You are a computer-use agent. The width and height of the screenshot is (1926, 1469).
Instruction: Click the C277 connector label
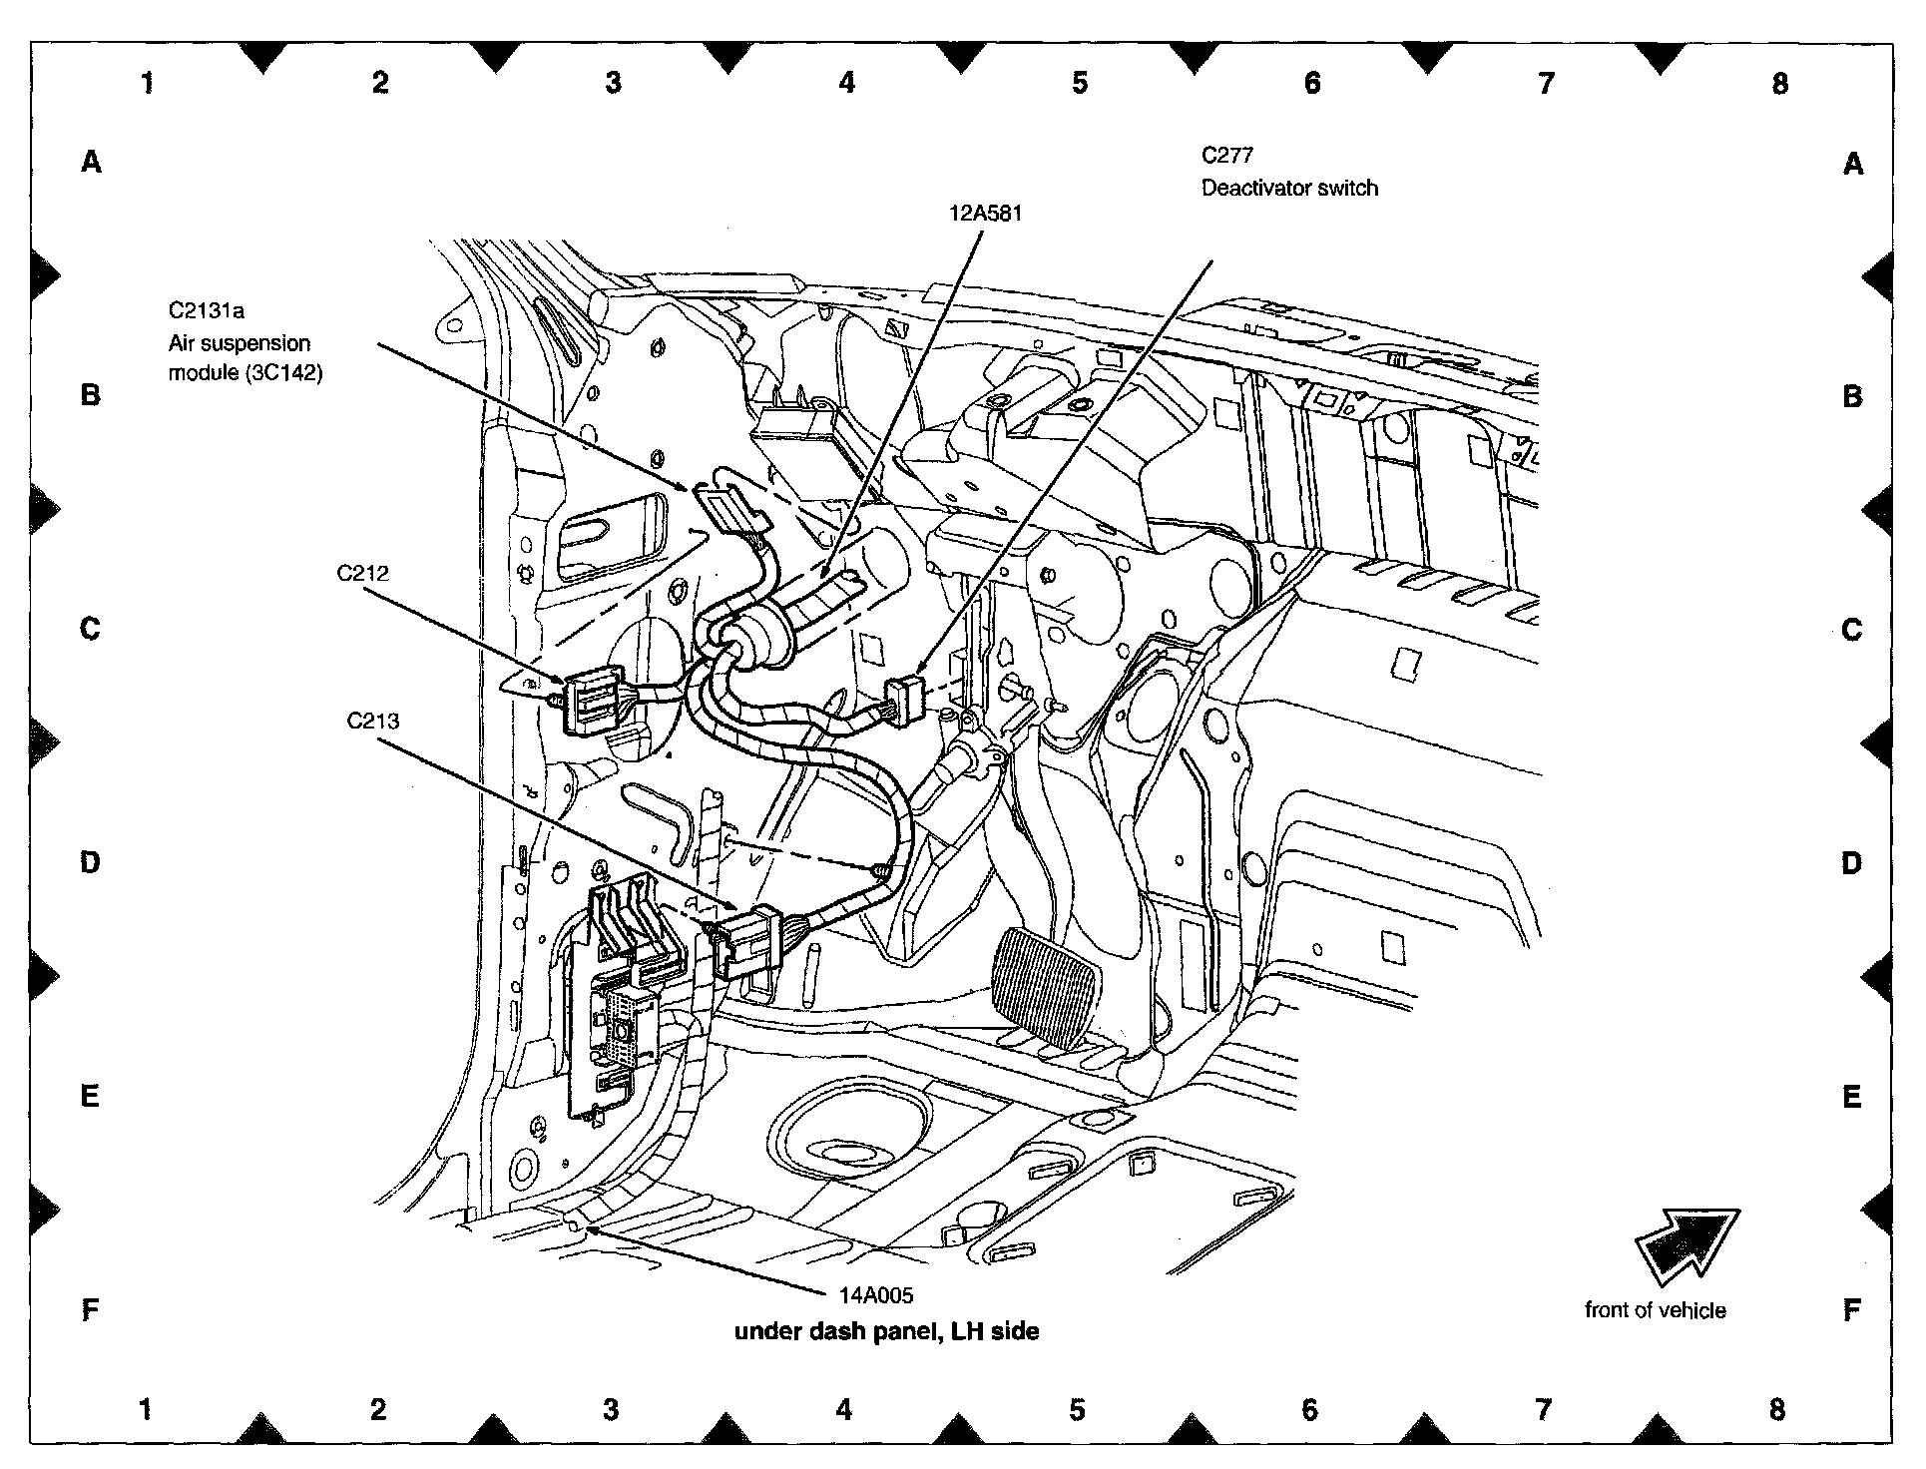click(1226, 156)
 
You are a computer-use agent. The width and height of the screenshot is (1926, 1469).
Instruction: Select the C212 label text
click(362, 573)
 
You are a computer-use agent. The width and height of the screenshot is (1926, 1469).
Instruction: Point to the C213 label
click(373, 720)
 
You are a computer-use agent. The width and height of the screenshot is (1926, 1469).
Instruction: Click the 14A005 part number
click(875, 1295)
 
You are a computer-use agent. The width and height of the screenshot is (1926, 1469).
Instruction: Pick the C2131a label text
click(206, 310)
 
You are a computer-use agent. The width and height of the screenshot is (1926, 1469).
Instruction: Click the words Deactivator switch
click(1289, 188)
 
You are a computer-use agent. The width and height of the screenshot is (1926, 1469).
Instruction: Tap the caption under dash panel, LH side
click(886, 1330)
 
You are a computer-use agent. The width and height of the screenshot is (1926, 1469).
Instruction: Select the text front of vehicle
click(1655, 1310)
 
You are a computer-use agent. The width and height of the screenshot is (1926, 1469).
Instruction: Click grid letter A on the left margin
click(91, 161)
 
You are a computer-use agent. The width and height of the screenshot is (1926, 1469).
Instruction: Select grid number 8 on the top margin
click(1779, 83)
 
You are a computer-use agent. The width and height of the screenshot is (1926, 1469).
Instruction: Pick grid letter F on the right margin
click(1851, 1309)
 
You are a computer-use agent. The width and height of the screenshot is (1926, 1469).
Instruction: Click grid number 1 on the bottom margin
click(146, 1409)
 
